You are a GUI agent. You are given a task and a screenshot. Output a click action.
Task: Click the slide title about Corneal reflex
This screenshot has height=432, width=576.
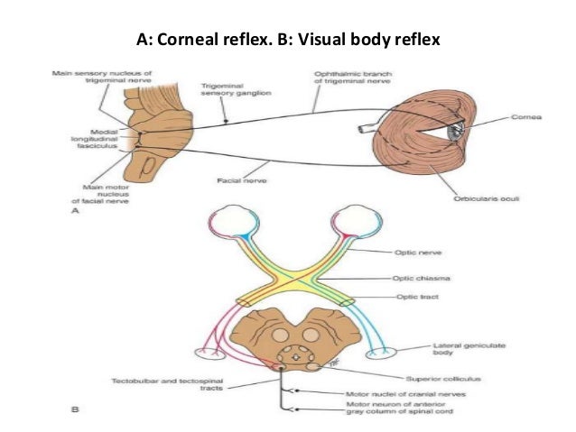[x=287, y=40]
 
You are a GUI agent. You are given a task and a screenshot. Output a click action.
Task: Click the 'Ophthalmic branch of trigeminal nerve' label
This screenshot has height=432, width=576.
[x=347, y=78]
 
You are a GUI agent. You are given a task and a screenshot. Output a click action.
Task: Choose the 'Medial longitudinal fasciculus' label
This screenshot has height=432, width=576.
[x=95, y=140]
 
